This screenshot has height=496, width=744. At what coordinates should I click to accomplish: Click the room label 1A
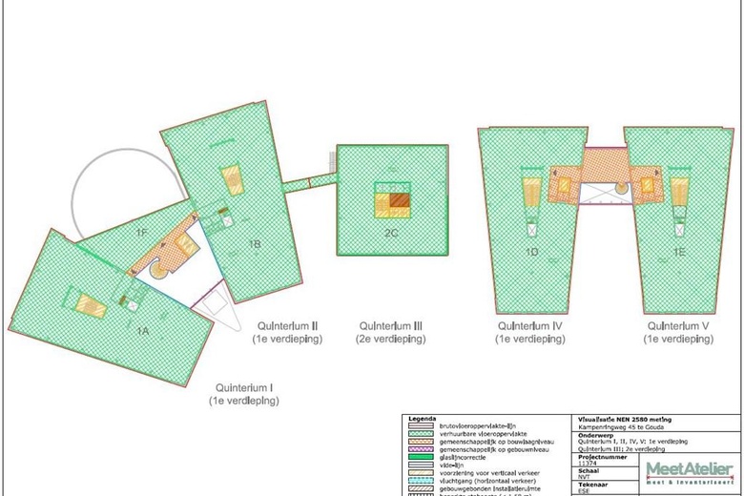[141, 329]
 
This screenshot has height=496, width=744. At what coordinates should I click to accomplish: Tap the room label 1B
[255, 244]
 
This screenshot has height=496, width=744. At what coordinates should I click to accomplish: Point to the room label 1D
[531, 253]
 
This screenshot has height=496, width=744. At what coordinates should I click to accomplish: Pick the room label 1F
[140, 233]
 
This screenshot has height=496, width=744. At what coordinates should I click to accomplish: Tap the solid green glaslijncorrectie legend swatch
[420, 457]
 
